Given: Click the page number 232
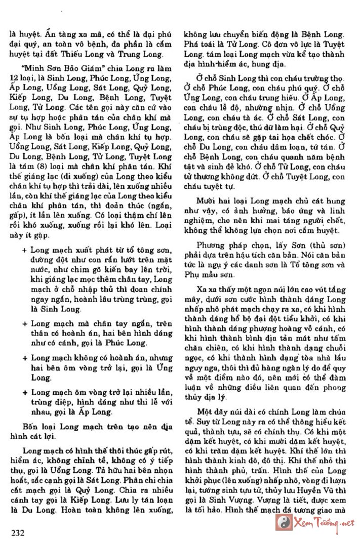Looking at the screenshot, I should pyautogui.click(x=18, y=531).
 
